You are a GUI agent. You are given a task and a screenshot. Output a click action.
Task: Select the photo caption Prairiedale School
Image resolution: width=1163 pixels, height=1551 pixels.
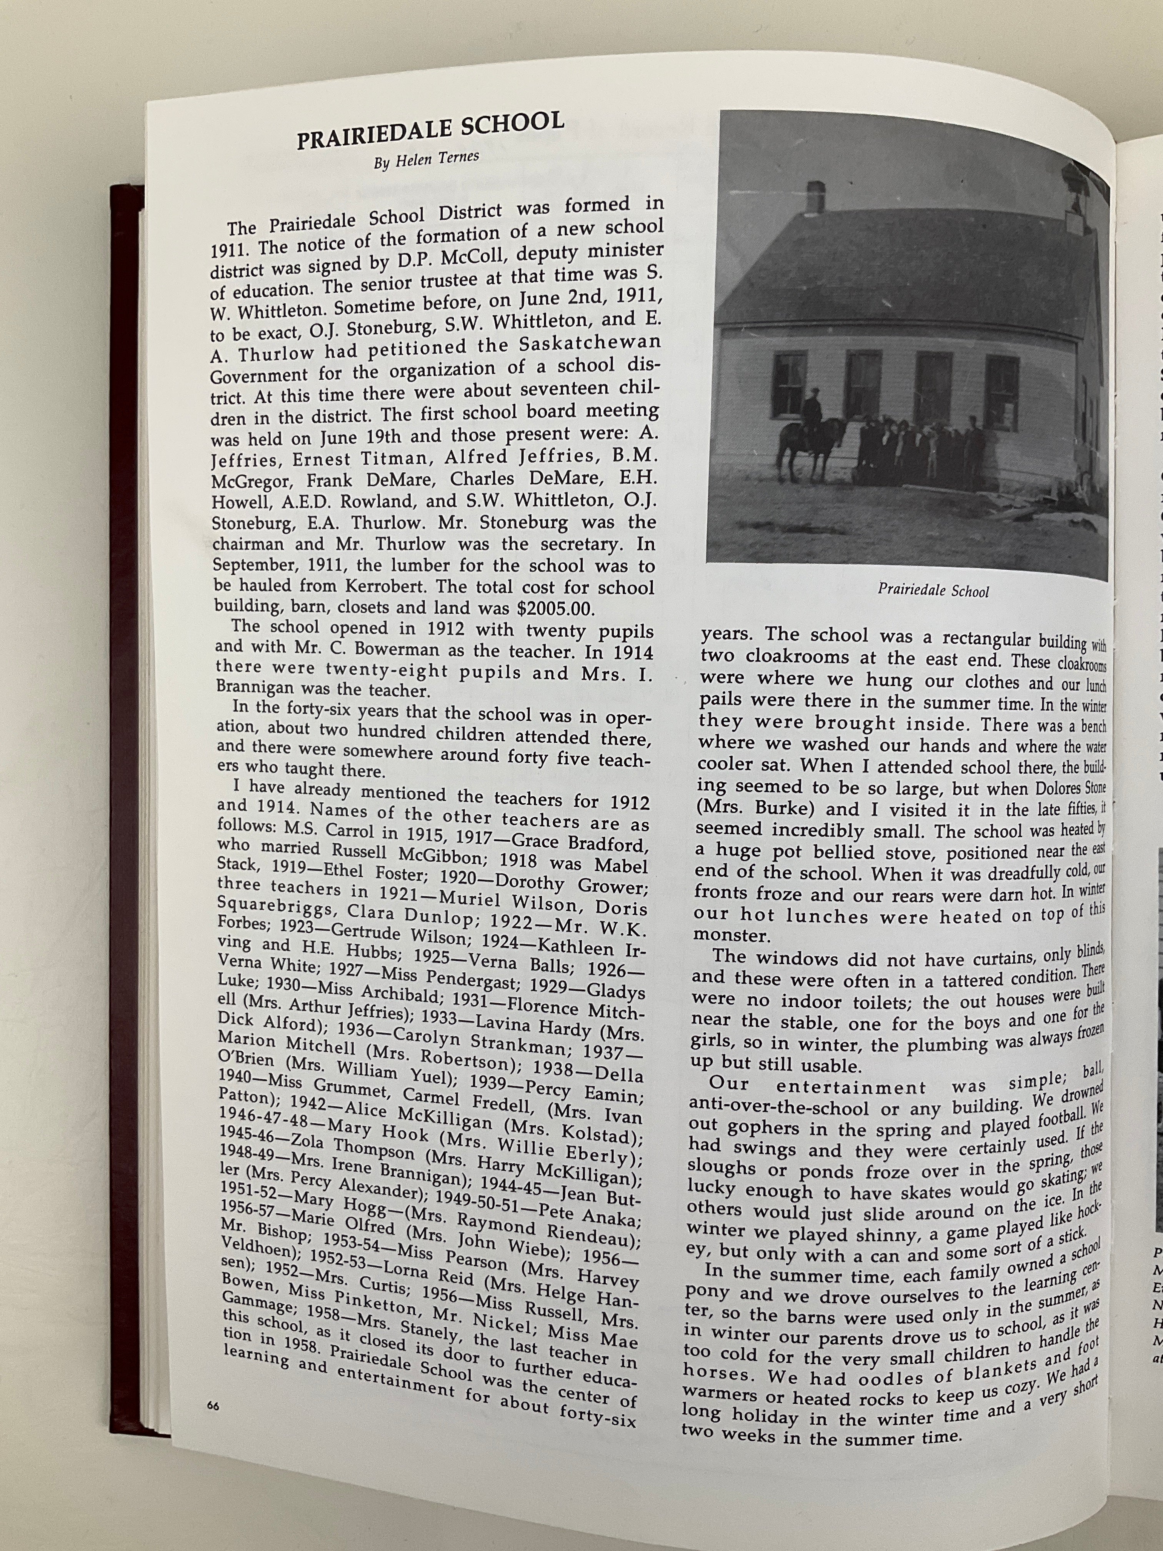pyautogui.click(x=933, y=590)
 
